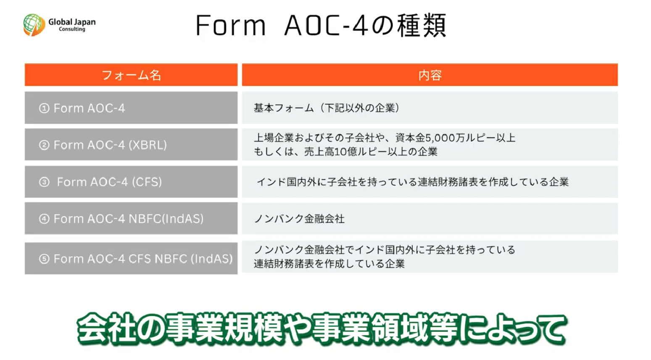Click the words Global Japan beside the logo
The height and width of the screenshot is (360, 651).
tap(72, 22)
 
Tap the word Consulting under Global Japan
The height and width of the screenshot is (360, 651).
tap(72, 29)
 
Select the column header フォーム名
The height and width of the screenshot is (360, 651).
tap(131, 75)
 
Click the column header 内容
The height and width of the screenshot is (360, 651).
tap(430, 75)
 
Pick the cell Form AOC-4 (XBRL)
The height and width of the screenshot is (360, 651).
tap(131, 145)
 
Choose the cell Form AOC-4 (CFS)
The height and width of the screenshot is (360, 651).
tap(131, 182)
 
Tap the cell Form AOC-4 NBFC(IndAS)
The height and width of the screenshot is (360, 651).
tap(131, 218)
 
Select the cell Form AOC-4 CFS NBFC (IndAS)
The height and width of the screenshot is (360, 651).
tap(131, 258)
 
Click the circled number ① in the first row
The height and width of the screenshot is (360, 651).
tap(44, 108)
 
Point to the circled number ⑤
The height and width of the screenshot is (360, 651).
tap(44, 259)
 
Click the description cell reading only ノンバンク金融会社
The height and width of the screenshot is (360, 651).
tap(430, 218)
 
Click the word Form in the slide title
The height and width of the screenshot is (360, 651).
tap(231, 26)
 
